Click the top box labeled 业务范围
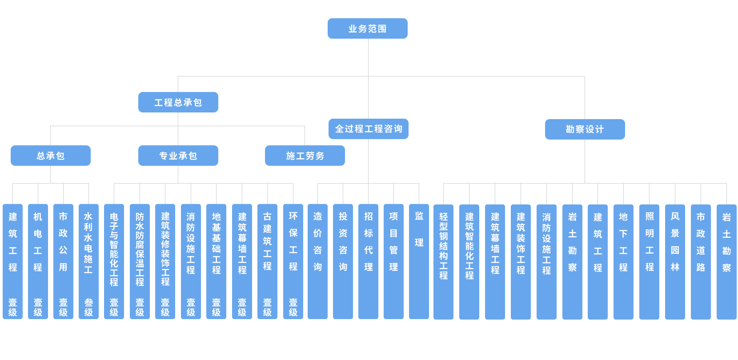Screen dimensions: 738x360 (367, 28)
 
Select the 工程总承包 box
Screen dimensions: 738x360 (178, 102)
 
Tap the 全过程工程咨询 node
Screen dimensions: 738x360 (369, 129)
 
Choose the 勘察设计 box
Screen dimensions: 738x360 (585, 129)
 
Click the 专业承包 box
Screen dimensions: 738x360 (178, 156)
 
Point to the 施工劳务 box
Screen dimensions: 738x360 (305, 156)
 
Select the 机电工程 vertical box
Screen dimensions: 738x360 (38, 261)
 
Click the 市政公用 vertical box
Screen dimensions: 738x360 (63, 261)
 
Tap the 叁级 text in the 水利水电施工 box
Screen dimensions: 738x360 (88, 307)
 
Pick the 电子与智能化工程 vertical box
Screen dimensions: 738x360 (114, 261)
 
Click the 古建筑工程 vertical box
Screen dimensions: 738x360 (267, 261)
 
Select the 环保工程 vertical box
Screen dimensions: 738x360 (293, 261)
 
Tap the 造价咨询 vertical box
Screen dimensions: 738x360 (317, 261)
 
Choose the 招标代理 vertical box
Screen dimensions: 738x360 (369, 261)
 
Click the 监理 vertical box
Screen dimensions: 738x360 (419, 261)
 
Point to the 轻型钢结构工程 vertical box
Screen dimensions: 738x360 (443, 262)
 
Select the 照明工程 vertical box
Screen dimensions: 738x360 (650, 262)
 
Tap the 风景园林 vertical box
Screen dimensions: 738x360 (675, 262)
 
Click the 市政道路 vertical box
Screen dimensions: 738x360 (701, 262)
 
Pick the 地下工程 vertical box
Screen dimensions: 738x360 (623, 262)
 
